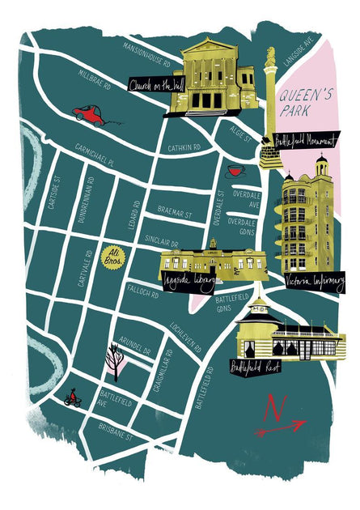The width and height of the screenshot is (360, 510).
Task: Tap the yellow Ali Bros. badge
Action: [x=113, y=259]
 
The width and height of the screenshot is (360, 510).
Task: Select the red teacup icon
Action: [x=235, y=172]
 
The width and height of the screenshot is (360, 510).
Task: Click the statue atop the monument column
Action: [x=270, y=56]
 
